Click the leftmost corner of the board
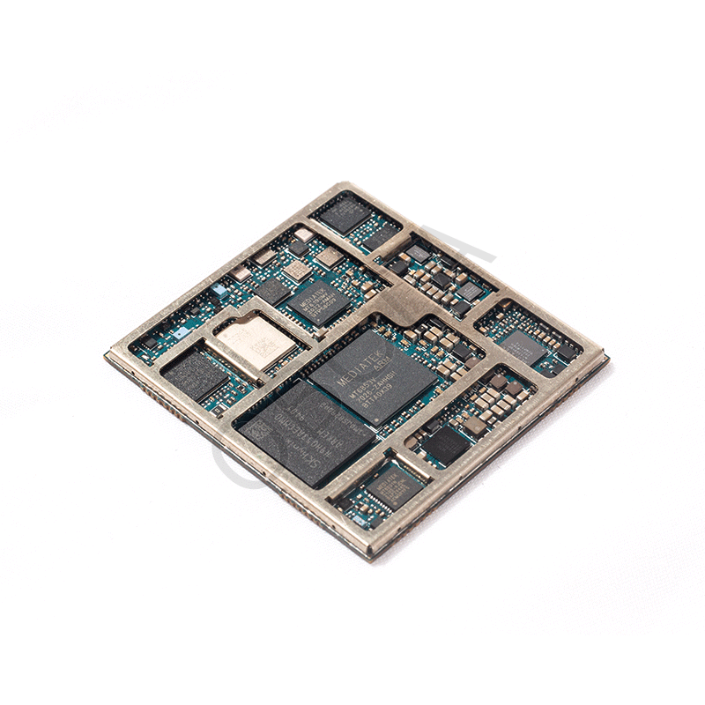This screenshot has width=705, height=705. click(x=106, y=356)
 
